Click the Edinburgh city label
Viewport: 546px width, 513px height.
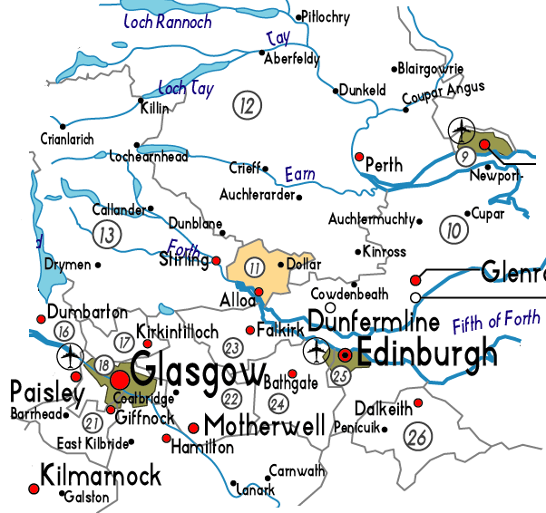(x=427, y=352)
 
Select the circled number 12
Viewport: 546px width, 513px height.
(x=246, y=105)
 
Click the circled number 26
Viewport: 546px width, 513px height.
(x=418, y=437)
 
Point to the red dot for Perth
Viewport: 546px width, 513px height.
(x=359, y=156)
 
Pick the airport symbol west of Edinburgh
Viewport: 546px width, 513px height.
(x=317, y=348)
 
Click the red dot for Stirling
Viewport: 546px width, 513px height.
(x=216, y=261)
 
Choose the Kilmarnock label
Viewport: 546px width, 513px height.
(x=100, y=475)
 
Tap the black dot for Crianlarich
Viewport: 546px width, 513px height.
(x=62, y=125)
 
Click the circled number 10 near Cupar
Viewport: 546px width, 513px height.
(x=452, y=230)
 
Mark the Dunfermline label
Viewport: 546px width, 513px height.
(x=374, y=322)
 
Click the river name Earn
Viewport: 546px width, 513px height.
(x=299, y=173)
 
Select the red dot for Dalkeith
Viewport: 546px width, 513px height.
(x=418, y=402)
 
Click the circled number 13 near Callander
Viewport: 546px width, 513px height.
(x=108, y=235)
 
